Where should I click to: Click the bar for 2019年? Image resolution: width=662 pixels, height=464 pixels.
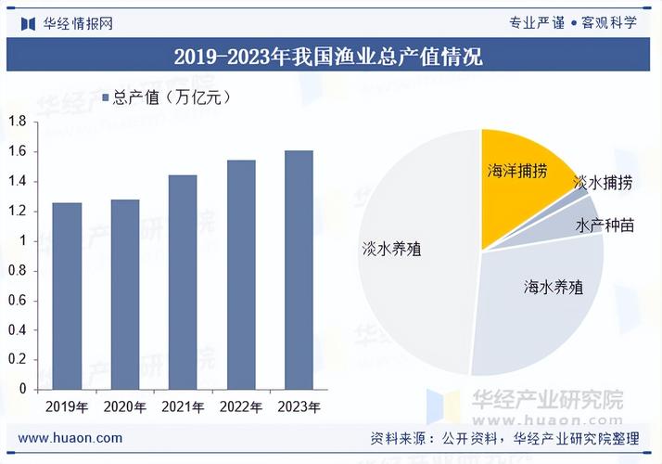(x=67, y=296)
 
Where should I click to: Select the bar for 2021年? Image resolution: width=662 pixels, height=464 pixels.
(x=183, y=282)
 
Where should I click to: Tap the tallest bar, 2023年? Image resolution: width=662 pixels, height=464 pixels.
(x=299, y=270)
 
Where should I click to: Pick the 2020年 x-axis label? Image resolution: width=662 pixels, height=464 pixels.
(x=124, y=407)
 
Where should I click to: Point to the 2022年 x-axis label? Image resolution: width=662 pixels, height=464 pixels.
(x=240, y=407)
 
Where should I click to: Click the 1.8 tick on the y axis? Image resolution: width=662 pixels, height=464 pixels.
(x=17, y=122)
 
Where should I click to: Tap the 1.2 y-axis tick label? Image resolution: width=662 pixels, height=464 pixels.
(x=17, y=211)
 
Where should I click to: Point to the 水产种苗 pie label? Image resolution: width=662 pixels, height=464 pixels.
(x=605, y=226)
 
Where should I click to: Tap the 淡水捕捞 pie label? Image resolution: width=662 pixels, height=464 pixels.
(x=604, y=183)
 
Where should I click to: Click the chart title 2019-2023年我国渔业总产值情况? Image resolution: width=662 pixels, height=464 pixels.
(x=329, y=57)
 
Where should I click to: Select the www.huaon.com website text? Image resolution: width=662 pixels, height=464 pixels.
(x=70, y=438)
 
